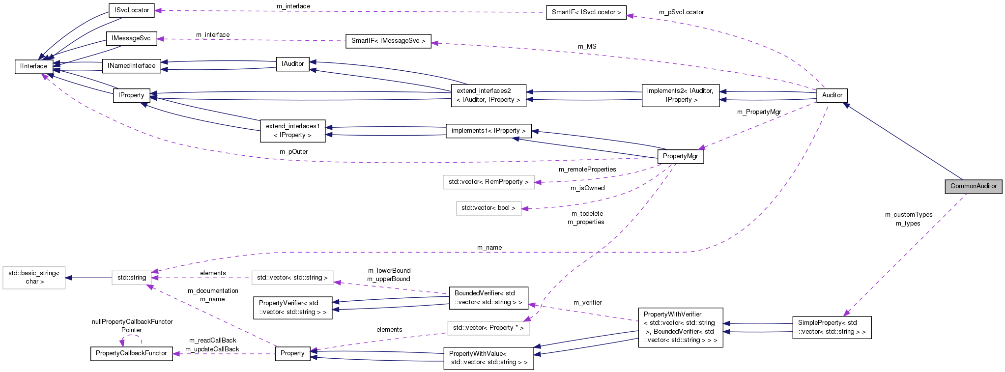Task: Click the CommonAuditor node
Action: [x=973, y=186]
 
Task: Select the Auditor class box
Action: [x=832, y=95]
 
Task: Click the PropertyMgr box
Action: [x=680, y=156]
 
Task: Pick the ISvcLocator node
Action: [x=131, y=10]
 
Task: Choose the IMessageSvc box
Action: [x=131, y=38]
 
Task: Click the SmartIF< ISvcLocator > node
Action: [x=586, y=12]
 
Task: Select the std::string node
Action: [x=132, y=278]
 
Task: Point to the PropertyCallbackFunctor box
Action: [x=131, y=353]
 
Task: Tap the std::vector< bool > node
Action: [x=488, y=208]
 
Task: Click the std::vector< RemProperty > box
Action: [x=488, y=182]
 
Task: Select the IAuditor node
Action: [x=292, y=64]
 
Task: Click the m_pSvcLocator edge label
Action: [x=681, y=12]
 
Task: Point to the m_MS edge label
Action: [x=587, y=47]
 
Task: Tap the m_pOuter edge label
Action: [x=293, y=152]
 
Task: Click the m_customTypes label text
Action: [x=908, y=215]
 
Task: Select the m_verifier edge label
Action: [x=587, y=303]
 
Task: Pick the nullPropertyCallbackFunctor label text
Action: [x=132, y=322]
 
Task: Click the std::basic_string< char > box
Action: [x=34, y=277]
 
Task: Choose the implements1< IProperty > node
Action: [x=488, y=131]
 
